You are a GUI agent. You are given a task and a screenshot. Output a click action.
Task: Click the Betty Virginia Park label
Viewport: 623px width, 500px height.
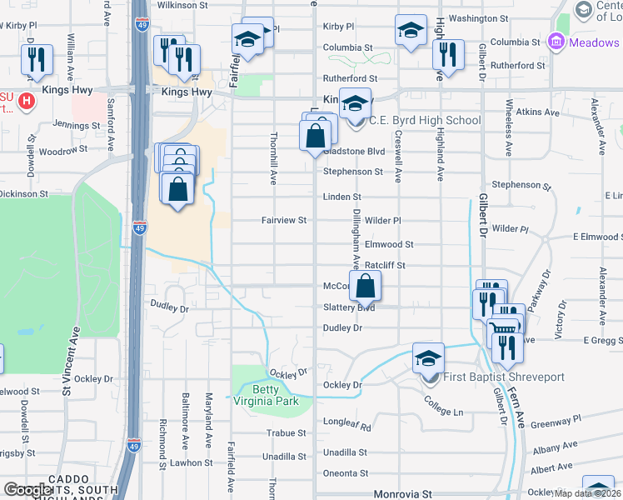(x=276, y=395)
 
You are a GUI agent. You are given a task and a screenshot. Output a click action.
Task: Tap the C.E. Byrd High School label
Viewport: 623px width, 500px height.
(x=425, y=120)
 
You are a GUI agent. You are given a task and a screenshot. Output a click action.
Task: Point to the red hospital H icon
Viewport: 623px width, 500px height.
(x=27, y=102)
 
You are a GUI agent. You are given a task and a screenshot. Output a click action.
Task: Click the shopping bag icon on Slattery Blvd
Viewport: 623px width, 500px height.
(x=366, y=287)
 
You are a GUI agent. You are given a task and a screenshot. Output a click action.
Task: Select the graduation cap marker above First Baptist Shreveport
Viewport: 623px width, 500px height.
(x=428, y=358)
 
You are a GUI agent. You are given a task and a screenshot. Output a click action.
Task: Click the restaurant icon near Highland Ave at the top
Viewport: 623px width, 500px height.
(x=448, y=55)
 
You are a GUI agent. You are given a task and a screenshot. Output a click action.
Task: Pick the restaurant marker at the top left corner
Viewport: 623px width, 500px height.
(x=37, y=59)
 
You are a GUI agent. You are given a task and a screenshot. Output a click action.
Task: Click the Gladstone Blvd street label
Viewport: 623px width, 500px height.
(x=355, y=152)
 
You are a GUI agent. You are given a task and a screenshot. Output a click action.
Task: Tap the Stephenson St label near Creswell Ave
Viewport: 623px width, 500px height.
(x=353, y=172)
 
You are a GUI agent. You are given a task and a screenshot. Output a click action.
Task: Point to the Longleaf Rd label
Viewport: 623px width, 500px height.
(x=346, y=424)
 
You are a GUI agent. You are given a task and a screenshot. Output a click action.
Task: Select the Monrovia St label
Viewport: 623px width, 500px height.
(x=402, y=494)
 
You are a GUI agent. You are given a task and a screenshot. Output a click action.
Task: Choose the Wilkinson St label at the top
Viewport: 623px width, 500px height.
(x=181, y=5)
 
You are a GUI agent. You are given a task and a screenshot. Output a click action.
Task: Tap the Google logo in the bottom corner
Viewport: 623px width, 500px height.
(x=27, y=491)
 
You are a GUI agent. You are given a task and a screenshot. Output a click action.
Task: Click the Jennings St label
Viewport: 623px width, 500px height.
(x=77, y=125)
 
